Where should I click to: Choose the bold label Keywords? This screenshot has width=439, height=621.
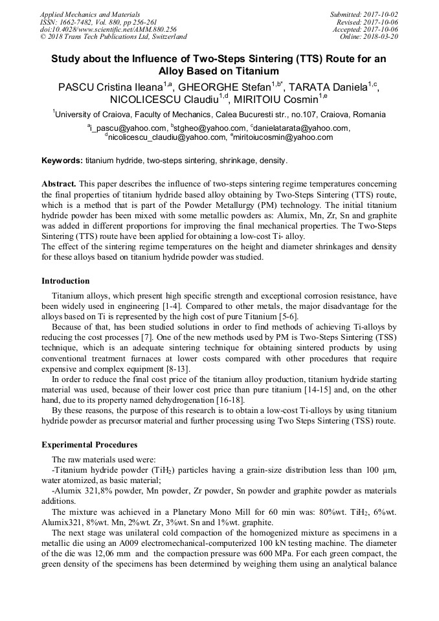[x=62, y=160]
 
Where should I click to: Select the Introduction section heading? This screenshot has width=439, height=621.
[x=65, y=281]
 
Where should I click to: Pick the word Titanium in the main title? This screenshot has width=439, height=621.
[x=251, y=71]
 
